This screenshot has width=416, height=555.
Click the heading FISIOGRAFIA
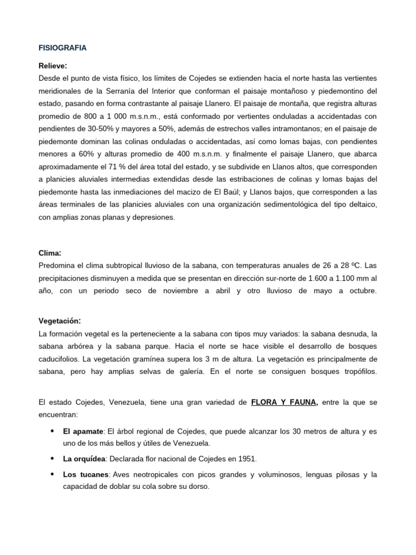(x=62, y=48)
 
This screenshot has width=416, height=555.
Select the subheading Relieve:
(x=53, y=66)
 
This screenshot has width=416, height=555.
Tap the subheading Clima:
(x=50, y=253)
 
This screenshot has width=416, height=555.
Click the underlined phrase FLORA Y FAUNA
(x=284, y=402)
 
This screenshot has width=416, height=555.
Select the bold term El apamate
(x=83, y=431)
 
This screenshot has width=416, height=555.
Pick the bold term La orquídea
(x=84, y=459)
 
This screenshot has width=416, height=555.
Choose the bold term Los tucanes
(x=85, y=475)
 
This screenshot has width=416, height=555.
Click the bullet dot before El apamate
(x=51, y=431)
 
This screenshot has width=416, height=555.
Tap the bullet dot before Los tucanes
(x=51, y=475)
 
